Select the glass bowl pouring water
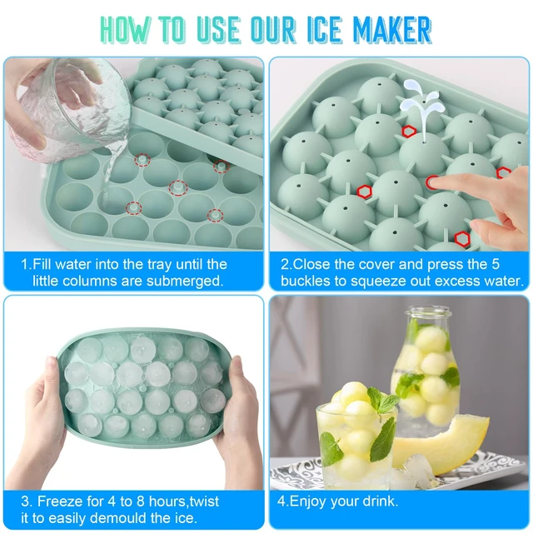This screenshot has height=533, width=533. [70, 106]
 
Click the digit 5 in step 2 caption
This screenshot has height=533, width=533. [496, 264]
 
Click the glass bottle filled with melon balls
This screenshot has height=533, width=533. [425, 371]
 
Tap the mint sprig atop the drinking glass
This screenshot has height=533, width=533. [382, 401]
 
